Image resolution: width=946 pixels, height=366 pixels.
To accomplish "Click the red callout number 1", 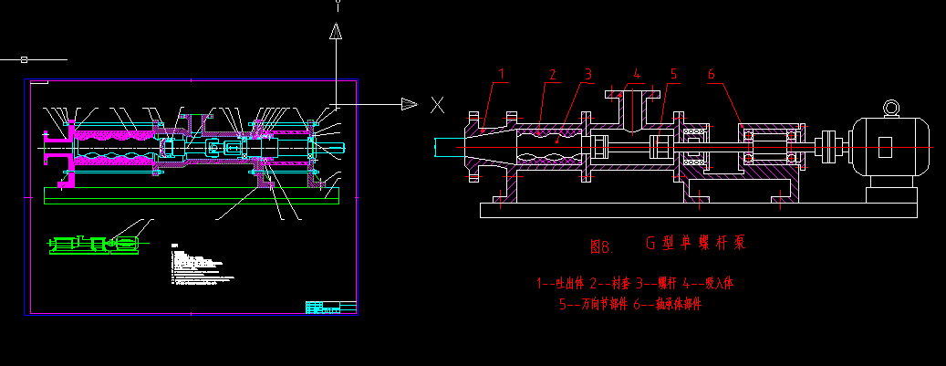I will pyautogui.click(x=501, y=72).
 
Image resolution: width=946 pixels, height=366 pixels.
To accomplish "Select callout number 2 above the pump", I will pyautogui.click(x=552, y=73).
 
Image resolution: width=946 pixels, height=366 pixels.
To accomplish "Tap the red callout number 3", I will pyautogui.click(x=588, y=73).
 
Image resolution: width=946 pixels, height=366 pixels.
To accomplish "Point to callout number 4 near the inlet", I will pyautogui.click(x=637, y=73).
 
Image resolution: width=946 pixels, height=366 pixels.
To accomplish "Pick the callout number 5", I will pyautogui.click(x=673, y=73).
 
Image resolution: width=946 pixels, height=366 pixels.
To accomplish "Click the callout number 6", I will pyautogui.click(x=712, y=73).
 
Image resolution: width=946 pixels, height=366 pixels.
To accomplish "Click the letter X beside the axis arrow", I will pyautogui.click(x=438, y=104).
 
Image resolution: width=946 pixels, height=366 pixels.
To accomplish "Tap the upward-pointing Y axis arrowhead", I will pyautogui.click(x=336, y=33).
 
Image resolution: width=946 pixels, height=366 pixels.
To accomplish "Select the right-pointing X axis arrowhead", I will pyautogui.click(x=408, y=104).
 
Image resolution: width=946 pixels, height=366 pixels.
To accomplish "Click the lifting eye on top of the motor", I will pyautogui.click(x=889, y=109).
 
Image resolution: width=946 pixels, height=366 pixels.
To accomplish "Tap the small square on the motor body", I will pyautogui.click(x=885, y=146).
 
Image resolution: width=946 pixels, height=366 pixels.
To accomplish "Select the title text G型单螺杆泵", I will pyautogui.click(x=696, y=244).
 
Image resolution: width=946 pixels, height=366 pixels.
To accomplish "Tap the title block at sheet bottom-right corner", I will pyautogui.click(x=329, y=307).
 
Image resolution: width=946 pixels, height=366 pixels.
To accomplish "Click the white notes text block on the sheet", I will pyautogui.click(x=195, y=261).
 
